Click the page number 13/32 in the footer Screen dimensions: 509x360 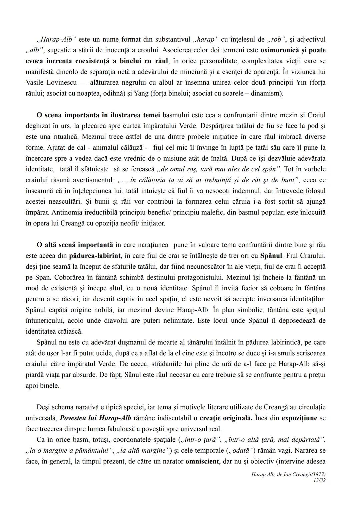click(319, 480)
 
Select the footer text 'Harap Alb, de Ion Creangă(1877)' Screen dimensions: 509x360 click(288, 474)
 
